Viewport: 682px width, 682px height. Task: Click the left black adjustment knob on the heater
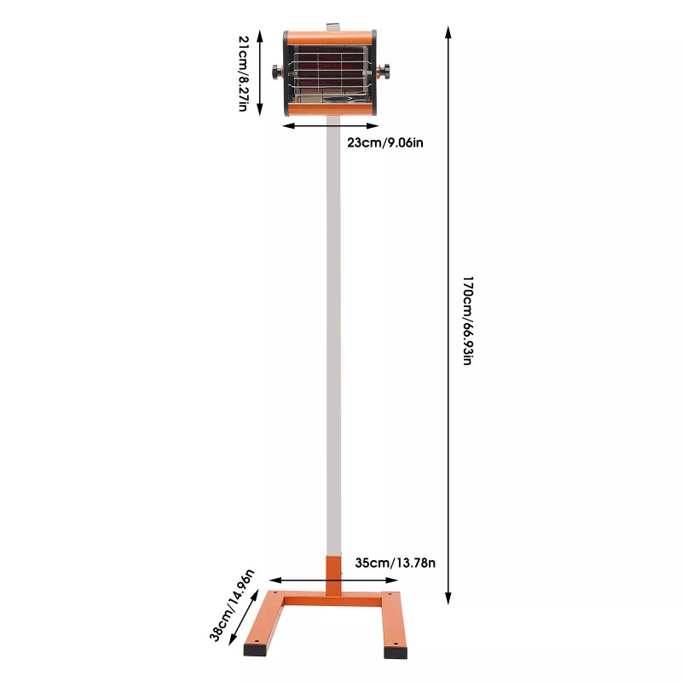click(x=277, y=72)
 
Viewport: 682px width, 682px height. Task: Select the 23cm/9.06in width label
click(x=385, y=142)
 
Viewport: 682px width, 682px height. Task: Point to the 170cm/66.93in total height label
click(x=466, y=319)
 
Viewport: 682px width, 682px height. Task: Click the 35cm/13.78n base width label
click(x=395, y=562)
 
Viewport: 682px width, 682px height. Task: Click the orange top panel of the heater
click(x=329, y=38)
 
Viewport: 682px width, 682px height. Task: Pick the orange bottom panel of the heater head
click(x=329, y=111)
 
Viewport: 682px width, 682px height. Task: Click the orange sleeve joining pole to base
click(x=332, y=575)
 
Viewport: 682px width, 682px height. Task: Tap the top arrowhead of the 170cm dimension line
click(x=448, y=32)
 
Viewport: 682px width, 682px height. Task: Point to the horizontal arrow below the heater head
click(x=329, y=126)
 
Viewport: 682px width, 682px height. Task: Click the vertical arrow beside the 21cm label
click(x=260, y=73)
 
